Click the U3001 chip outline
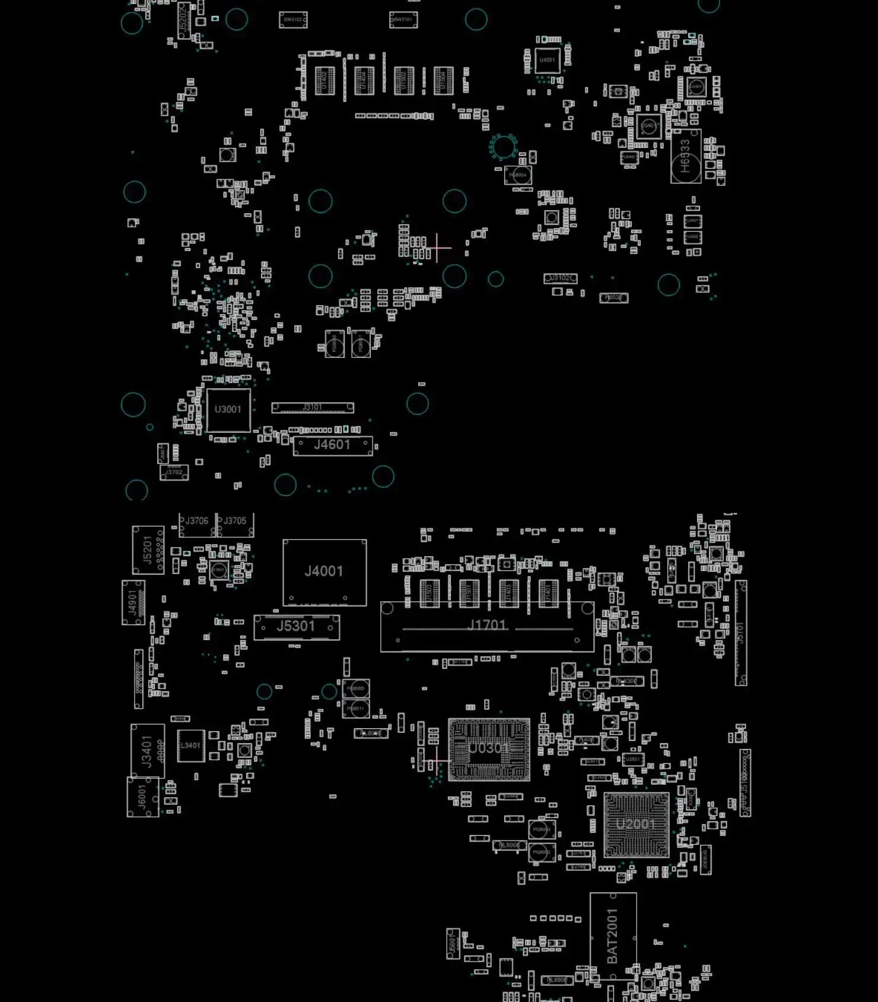tap(228, 410)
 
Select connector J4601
tap(333, 445)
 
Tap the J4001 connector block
tap(325, 572)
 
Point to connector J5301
tap(297, 627)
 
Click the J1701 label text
tap(486, 625)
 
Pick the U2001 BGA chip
tap(636, 825)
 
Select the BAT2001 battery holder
tap(613, 936)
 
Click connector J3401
tap(147, 751)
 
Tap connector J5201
tap(148, 550)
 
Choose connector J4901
tap(133, 603)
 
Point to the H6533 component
tap(686, 156)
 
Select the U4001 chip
tap(547, 61)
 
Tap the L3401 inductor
tap(191, 746)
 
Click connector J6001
tap(142, 797)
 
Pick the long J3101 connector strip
tap(313, 407)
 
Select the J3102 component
tap(560, 278)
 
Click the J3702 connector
tap(174, 473)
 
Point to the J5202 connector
tap(184, 20)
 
